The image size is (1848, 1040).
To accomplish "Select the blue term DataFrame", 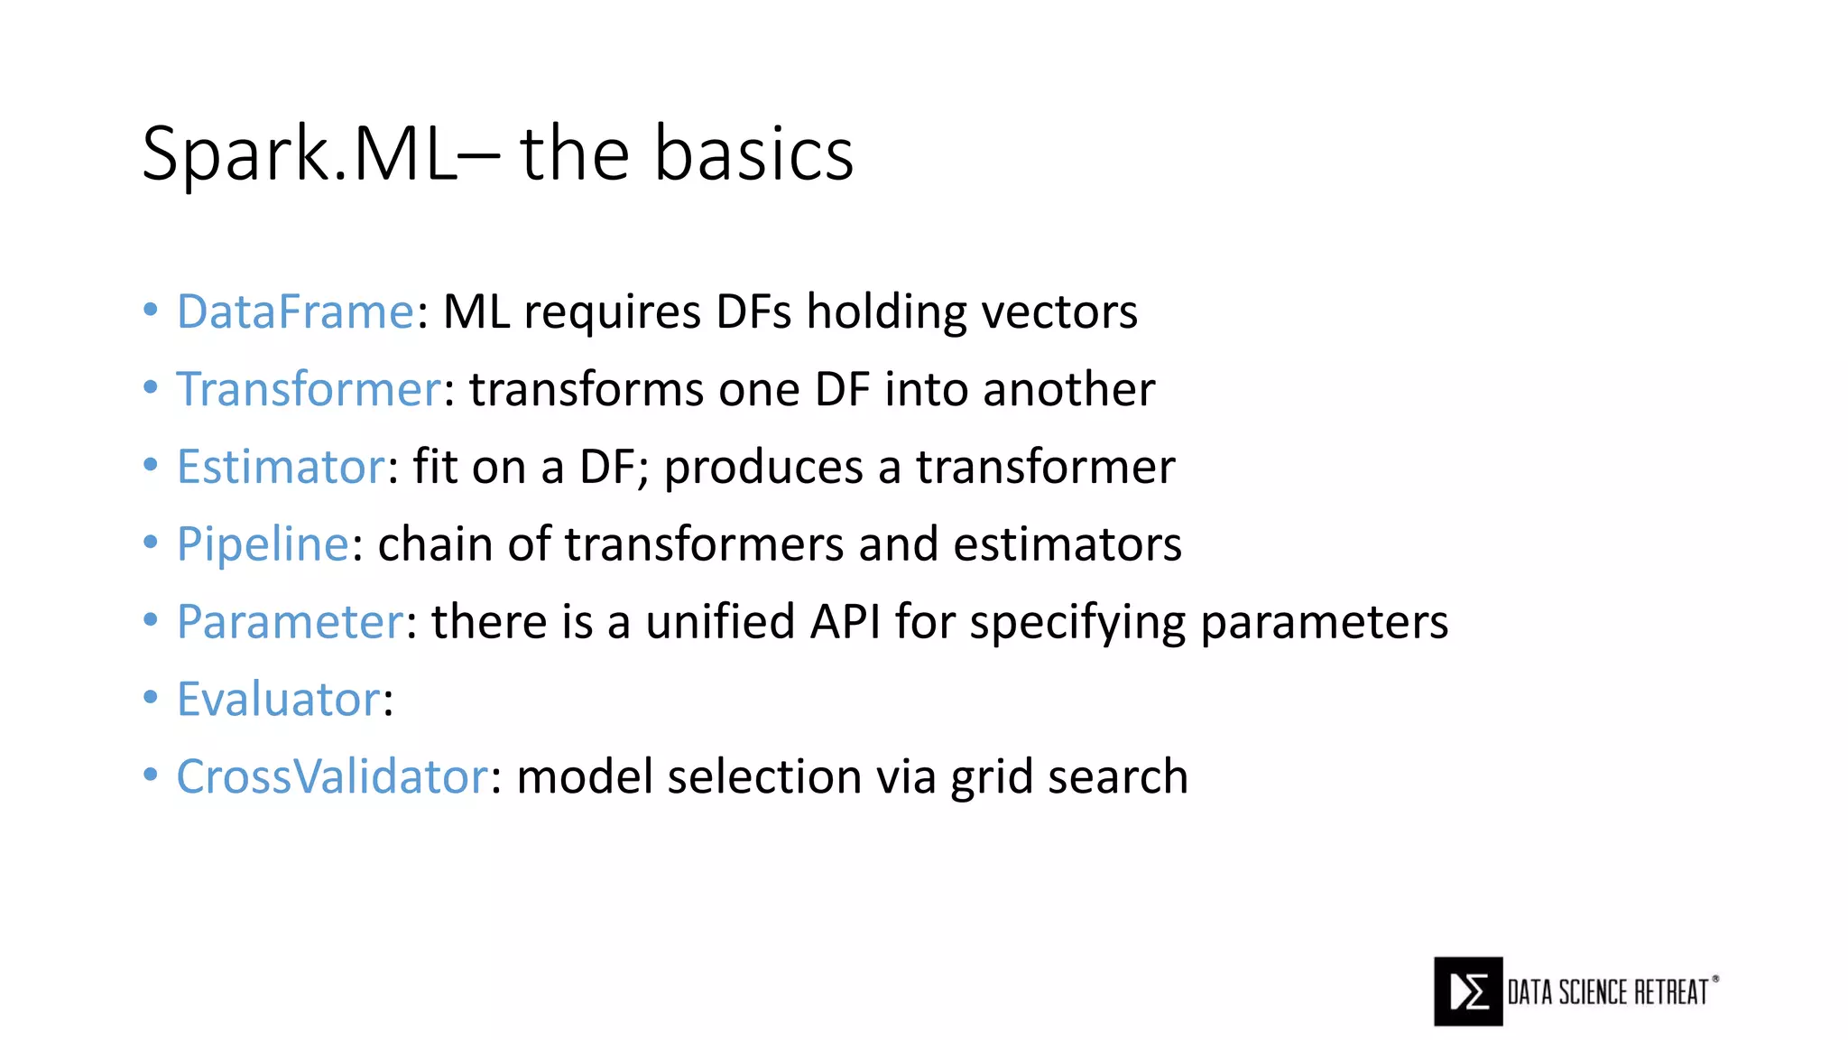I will [x=295, y=312].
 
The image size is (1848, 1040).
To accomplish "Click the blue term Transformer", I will [x=309, y=390].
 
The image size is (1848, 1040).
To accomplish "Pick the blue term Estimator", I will [x=281, y=468].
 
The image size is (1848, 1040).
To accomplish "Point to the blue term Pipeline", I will [x=263, y=545].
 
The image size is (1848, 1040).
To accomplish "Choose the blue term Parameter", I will [x=290, y=623].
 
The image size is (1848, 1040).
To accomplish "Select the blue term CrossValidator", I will [x=332, y=778].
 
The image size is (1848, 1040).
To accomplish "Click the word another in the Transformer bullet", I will [x=1068, y=390].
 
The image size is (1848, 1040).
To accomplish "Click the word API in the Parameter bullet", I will [x=845, y=623].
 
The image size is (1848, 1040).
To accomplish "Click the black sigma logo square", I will [x=1468, y=991].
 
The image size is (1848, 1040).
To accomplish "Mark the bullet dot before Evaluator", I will [x=151, y=697].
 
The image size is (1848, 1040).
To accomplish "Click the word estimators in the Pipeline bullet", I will [x=1067, y=545].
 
